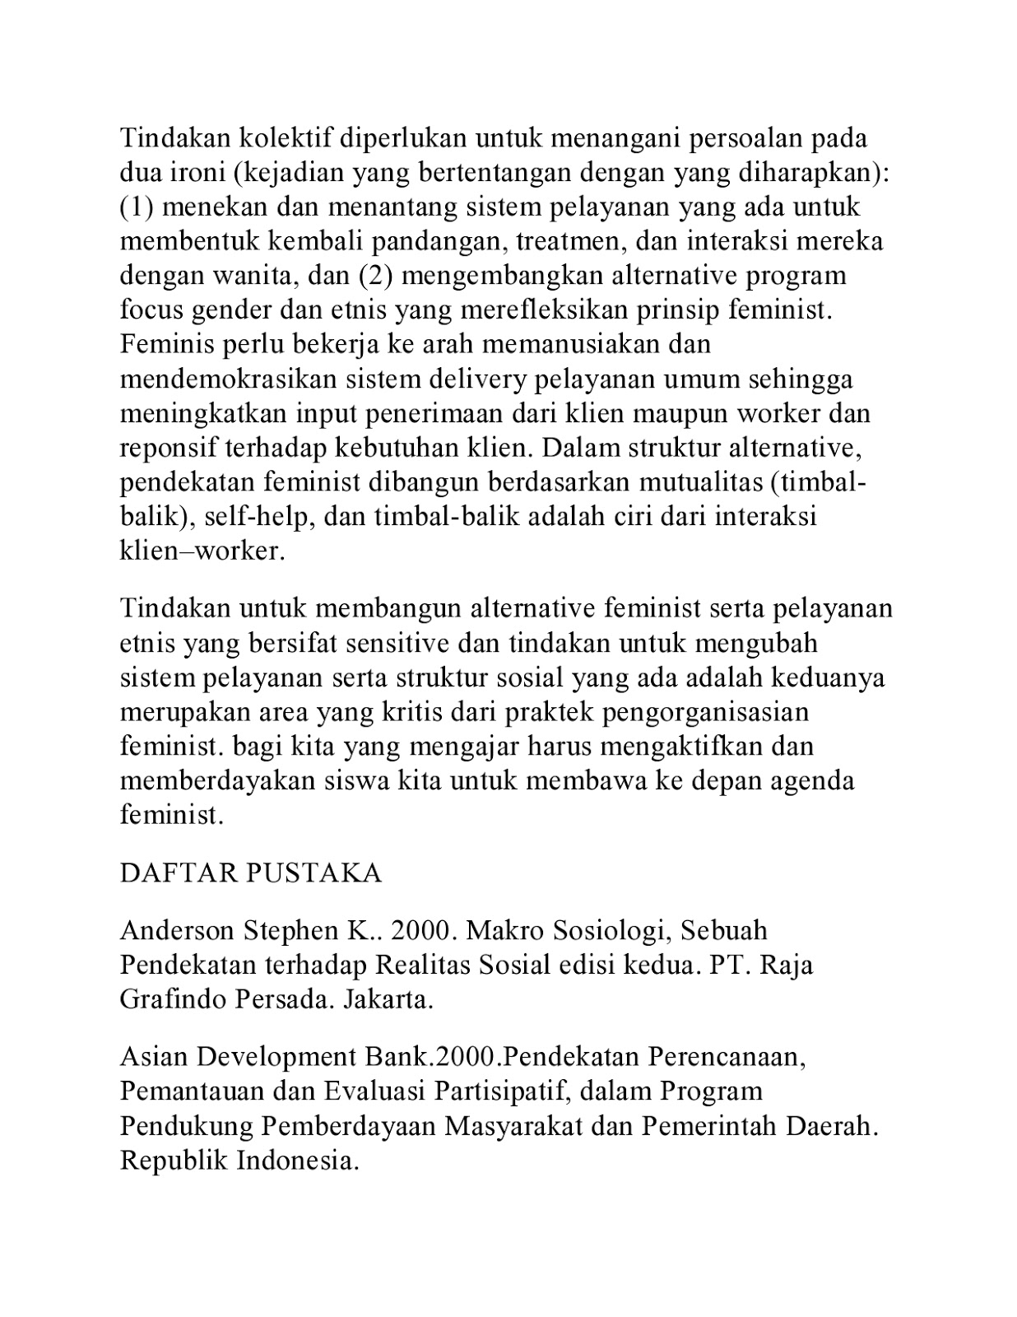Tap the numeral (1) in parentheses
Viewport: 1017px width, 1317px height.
[x=137, y=207]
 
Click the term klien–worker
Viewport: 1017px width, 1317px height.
[x=202, y=551]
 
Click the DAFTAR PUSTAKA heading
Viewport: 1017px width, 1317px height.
[x=251, y=873]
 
